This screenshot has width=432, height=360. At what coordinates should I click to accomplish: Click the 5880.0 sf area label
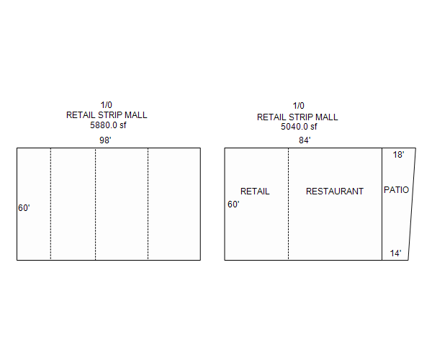click(x=108, y=125)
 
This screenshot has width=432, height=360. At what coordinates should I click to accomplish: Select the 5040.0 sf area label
click(x=299, y=127)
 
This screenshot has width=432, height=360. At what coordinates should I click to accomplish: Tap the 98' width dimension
click(x=105, y=140)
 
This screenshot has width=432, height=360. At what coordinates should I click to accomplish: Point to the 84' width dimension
click(x=305, y=140)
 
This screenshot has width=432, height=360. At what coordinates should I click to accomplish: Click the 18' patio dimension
click(x=398, y=155)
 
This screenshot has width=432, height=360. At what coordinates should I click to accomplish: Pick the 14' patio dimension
click(x=395, y=253)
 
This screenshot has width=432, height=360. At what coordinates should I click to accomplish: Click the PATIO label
click(x=396, y=190)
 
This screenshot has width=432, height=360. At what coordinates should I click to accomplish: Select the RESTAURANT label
click(x=335, y=191)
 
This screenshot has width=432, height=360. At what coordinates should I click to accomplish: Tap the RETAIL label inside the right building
click(x=255, y=191)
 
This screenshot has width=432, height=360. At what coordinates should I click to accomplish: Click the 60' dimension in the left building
click(x=24, y=207)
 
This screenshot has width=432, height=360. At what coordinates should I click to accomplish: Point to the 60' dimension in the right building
click(x=233, y=204)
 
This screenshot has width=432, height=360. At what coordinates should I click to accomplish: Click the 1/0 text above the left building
click(x=106, y=105)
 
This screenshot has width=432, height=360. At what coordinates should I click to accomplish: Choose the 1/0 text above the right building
click(x=298, y=106)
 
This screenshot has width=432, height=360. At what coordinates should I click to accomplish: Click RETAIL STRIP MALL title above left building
click(x=107, y=115)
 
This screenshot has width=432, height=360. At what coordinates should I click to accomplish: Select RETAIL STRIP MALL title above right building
click(x=297, y=117)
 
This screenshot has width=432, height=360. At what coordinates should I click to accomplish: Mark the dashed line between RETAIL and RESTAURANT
click(x=289, y=204)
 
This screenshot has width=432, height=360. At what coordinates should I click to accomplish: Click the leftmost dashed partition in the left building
click(x=50, y=204)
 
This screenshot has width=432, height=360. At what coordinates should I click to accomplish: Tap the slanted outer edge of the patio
click(x=412, y=204)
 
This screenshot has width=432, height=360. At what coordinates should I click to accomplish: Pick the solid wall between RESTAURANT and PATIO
click(x=382, y=204)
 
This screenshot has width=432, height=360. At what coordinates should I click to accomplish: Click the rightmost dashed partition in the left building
click(x=148, y=204)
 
